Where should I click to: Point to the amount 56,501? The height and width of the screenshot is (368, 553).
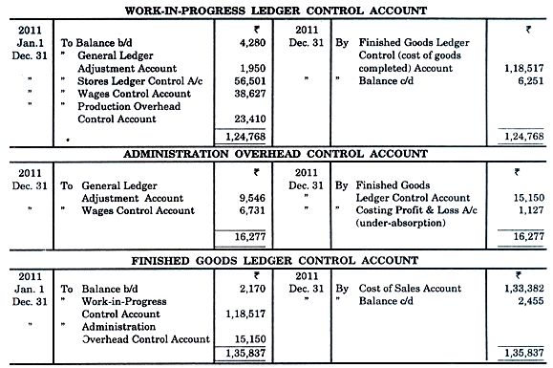point(247,81)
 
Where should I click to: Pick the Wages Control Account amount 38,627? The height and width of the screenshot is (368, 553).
point(247,96)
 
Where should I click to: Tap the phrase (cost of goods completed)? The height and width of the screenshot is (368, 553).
point(383,56)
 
